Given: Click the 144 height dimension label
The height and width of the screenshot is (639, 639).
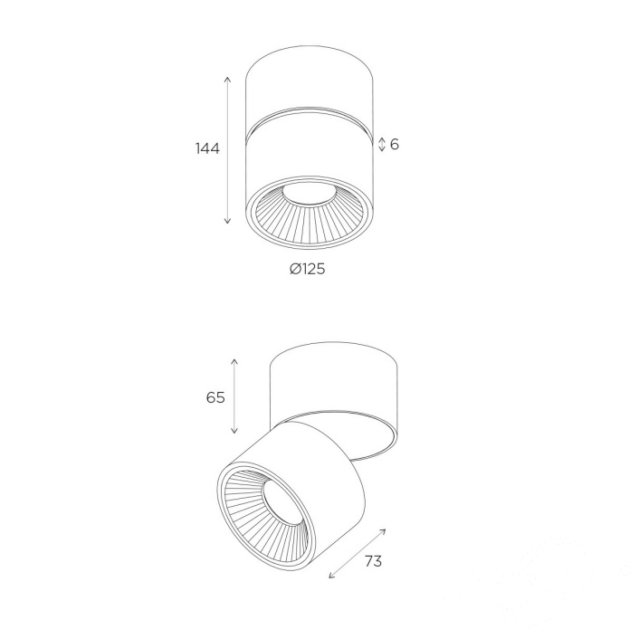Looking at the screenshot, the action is (207, 148).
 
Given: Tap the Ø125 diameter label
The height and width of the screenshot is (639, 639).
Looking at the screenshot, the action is (308, 269).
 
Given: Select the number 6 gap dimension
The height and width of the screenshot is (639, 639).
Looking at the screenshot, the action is (395, 144).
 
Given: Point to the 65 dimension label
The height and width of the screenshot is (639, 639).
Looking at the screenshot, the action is (215, 397).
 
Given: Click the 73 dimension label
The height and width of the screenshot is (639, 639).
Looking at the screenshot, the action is (373, 561).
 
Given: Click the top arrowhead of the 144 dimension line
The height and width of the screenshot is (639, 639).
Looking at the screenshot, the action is (228, 78).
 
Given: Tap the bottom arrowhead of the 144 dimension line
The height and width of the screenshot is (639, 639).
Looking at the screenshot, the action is (228, 221).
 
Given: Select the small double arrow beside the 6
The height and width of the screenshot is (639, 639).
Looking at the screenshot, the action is (382, 144).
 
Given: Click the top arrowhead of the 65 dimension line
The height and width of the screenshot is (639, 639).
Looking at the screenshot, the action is (234, 361).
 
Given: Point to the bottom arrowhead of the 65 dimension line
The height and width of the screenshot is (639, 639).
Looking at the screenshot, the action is (234, 431).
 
